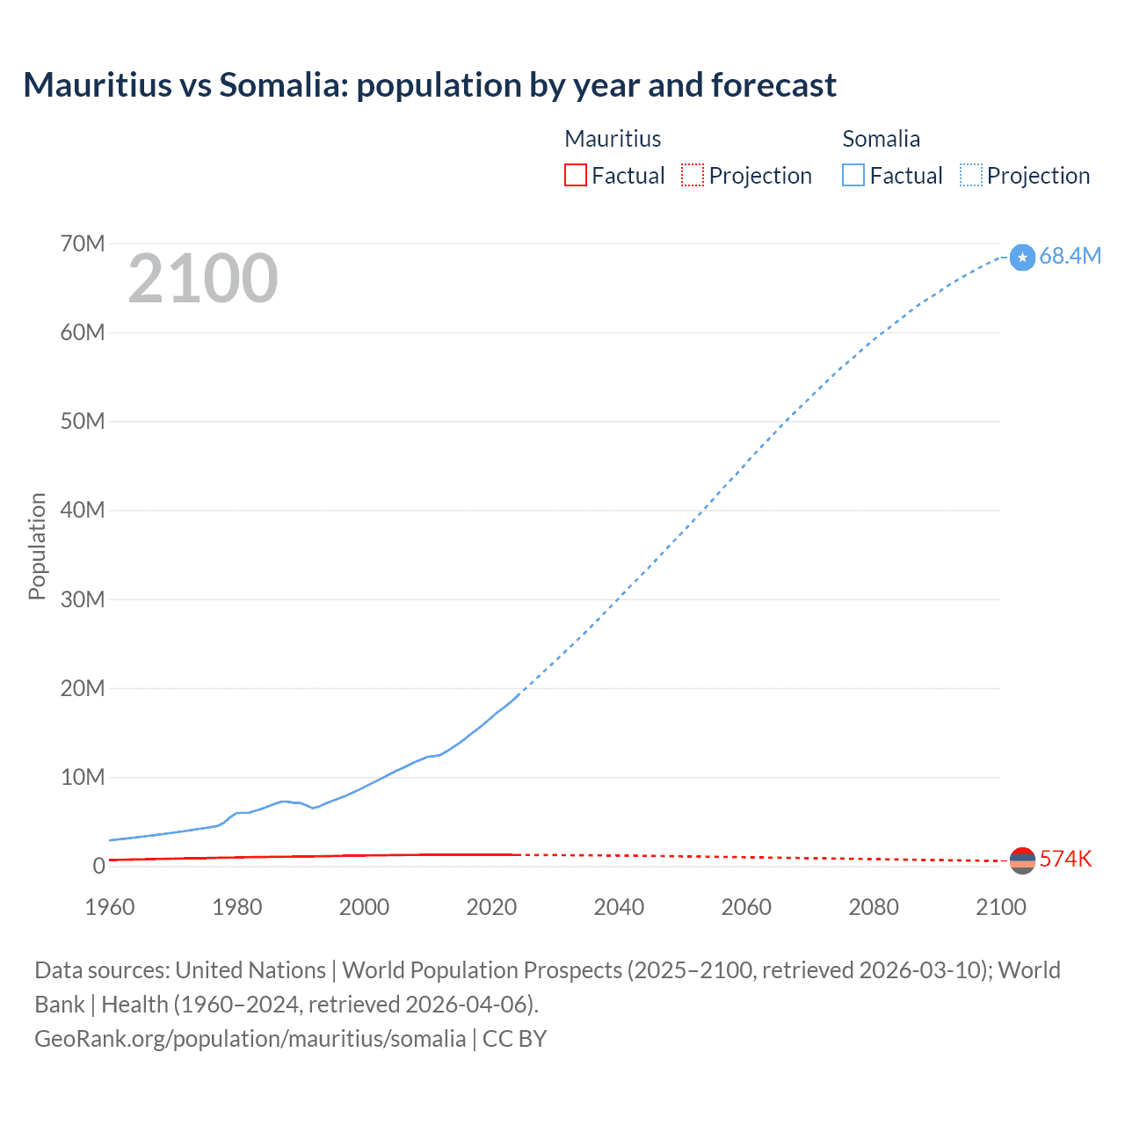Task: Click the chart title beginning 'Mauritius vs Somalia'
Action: (x=430, y=85)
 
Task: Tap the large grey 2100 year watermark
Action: (x=203, y=279)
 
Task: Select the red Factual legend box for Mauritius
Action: (x=576, y=175)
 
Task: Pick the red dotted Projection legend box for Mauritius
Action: (x=693, y=175)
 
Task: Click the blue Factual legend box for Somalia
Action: (x=853, y=175)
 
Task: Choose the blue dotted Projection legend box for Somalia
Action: (x=971, y=175)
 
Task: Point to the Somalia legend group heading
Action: (x=881, y=139)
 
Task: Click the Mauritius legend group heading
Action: (x=613, y=139)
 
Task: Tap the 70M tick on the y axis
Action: (x=83, y=243)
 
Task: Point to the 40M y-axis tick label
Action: (x=83, y=510)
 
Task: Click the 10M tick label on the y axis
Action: (x=83, y=777)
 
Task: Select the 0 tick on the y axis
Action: (x=98, y=866)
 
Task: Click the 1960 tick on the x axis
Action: (x=110, y=907)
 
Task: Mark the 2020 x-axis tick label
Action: (x=491, y=907)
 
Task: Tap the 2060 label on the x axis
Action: (x=746, y=907)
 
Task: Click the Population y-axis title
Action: (x=37, y=546)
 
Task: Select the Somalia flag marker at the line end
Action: (x=1022, y=257)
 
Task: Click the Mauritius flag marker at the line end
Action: (x=1022, y=860)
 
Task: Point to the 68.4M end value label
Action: (x=1070, y=256)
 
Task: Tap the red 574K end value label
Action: (x=1065, y=860)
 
